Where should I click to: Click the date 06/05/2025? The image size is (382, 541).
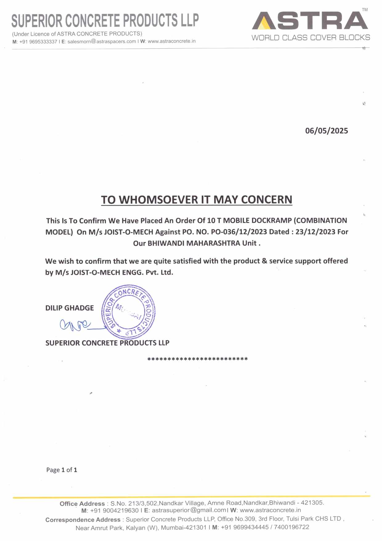tap(326, 131)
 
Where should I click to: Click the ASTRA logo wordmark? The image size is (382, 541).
tap(311, 21)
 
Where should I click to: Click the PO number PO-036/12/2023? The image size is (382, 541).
tap(239, 232)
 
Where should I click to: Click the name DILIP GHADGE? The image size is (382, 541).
tap(69, 308)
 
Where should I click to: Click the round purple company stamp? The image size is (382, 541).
tap(128, 312)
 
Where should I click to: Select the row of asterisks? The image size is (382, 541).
tap(197, 359)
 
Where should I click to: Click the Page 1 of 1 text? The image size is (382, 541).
tap(62, 470)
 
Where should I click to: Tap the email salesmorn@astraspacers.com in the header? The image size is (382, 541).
tap(102, 41)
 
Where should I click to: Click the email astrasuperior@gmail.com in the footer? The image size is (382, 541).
tap(189, 510)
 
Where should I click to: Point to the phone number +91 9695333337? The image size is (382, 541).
tap(38, 42)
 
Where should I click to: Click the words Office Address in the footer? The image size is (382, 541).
tap(82, 504)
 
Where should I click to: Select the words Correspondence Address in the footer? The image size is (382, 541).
tap(83, 520)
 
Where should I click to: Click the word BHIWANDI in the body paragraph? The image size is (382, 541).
tap(166, 243)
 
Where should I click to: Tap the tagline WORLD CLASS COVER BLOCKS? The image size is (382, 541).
tap(311, 38)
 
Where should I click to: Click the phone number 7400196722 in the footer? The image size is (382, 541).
tap(291, 527)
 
